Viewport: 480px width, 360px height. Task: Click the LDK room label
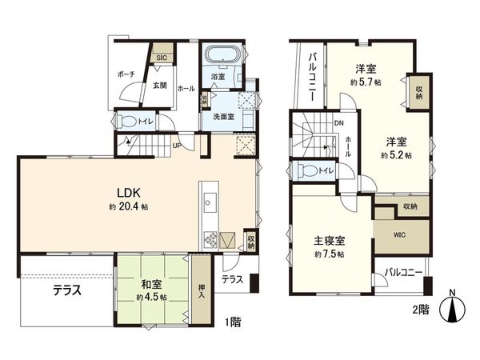tap(130, 194)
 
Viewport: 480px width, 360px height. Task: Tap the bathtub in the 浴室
tap(219, 57)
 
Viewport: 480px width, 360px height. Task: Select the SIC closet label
tap(161, 58)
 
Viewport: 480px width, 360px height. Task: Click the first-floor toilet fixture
tap(126, 122)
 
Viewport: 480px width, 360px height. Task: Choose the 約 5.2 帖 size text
tap(395, 154)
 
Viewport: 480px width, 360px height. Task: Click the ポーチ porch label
tap(126, 74)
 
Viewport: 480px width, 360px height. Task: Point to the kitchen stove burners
tap(211, 238)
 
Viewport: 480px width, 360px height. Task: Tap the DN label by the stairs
tap(338, 122)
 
